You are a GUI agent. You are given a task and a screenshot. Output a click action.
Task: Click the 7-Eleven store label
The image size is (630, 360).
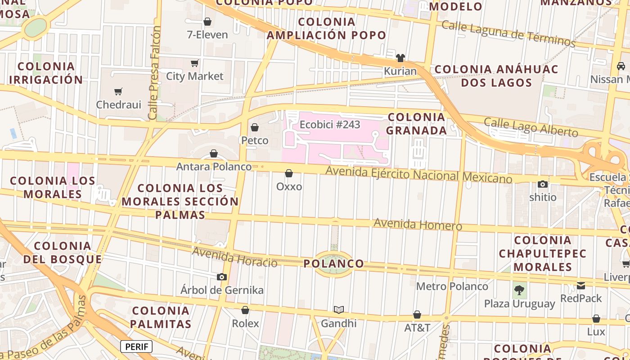coord(207,35)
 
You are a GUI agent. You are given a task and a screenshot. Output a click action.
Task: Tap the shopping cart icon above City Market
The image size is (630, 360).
coord(195,63)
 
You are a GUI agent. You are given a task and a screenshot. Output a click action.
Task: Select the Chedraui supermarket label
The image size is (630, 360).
coord(119,105)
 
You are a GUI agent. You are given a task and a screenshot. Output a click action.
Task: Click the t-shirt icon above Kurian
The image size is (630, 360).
coord(400,58)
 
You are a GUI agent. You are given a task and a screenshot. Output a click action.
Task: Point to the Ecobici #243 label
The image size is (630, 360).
coord(330,125)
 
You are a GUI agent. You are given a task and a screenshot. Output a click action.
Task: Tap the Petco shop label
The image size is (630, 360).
coord(255,140)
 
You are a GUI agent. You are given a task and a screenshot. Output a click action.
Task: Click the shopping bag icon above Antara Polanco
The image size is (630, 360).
coord(214,154)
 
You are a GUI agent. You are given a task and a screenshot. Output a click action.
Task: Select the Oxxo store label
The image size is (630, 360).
coord(289,186)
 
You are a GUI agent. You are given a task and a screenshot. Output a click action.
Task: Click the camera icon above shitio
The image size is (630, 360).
coord(543,184)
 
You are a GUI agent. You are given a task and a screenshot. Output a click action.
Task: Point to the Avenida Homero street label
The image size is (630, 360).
coord(418,224)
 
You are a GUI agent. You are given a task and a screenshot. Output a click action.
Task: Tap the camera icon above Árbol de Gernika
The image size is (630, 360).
coord(222,277)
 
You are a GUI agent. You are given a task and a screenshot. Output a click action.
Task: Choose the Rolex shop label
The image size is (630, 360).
coord(245,324)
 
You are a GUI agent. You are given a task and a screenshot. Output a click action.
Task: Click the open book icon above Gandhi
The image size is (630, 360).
coord(339,310)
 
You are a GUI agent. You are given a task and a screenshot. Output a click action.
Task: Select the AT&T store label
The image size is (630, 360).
coord(417,328)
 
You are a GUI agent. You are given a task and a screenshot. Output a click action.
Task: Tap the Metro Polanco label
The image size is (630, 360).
coord(452,286)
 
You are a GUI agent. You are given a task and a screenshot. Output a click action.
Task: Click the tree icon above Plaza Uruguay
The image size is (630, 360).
coord(520,290)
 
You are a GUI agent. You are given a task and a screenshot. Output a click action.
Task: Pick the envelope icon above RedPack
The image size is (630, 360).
coord(581,285)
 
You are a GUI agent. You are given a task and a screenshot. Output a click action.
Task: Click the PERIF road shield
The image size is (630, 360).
coord(136,346)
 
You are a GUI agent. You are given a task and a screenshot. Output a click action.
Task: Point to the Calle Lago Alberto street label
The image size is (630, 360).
coord(531,127)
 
